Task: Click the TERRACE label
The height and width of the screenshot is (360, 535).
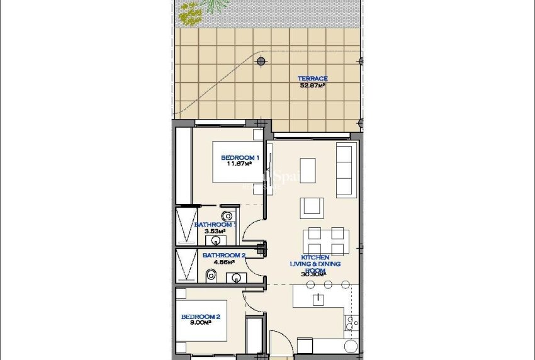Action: tap(312, 79)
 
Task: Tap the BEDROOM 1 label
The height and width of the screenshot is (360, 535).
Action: tap(239, 157)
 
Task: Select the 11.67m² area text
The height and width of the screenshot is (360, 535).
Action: tap(239, 164)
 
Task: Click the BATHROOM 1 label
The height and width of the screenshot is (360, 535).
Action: tap(215, 225)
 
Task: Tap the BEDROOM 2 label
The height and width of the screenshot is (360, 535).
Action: tap(200, 317)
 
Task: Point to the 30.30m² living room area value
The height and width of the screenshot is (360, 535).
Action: tap(313, 274)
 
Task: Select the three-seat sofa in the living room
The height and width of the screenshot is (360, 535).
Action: tap(345, 169)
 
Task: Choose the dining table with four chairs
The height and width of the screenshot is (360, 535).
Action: tap(326, 241)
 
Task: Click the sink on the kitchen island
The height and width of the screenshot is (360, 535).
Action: tap(318, 299)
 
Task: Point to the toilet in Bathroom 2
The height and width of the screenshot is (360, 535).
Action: tap(211, 274)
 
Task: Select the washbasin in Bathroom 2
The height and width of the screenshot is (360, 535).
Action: tap(237, 277)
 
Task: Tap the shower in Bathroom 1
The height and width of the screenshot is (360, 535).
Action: tap(184, 225)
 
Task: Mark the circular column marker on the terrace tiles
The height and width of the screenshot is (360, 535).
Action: tap(261, 61)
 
